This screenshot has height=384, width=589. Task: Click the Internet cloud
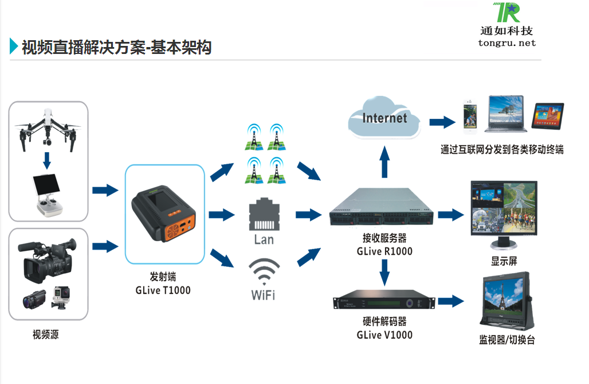[x=384, y=119]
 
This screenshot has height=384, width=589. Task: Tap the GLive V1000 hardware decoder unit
[x=383, y=302]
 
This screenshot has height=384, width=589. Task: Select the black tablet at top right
[x=548, y=117]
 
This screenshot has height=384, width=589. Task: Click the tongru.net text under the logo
[x=506, y=43]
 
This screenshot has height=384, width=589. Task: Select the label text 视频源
[x=45, y=335]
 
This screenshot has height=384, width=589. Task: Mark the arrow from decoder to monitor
[x=450, y=300]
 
